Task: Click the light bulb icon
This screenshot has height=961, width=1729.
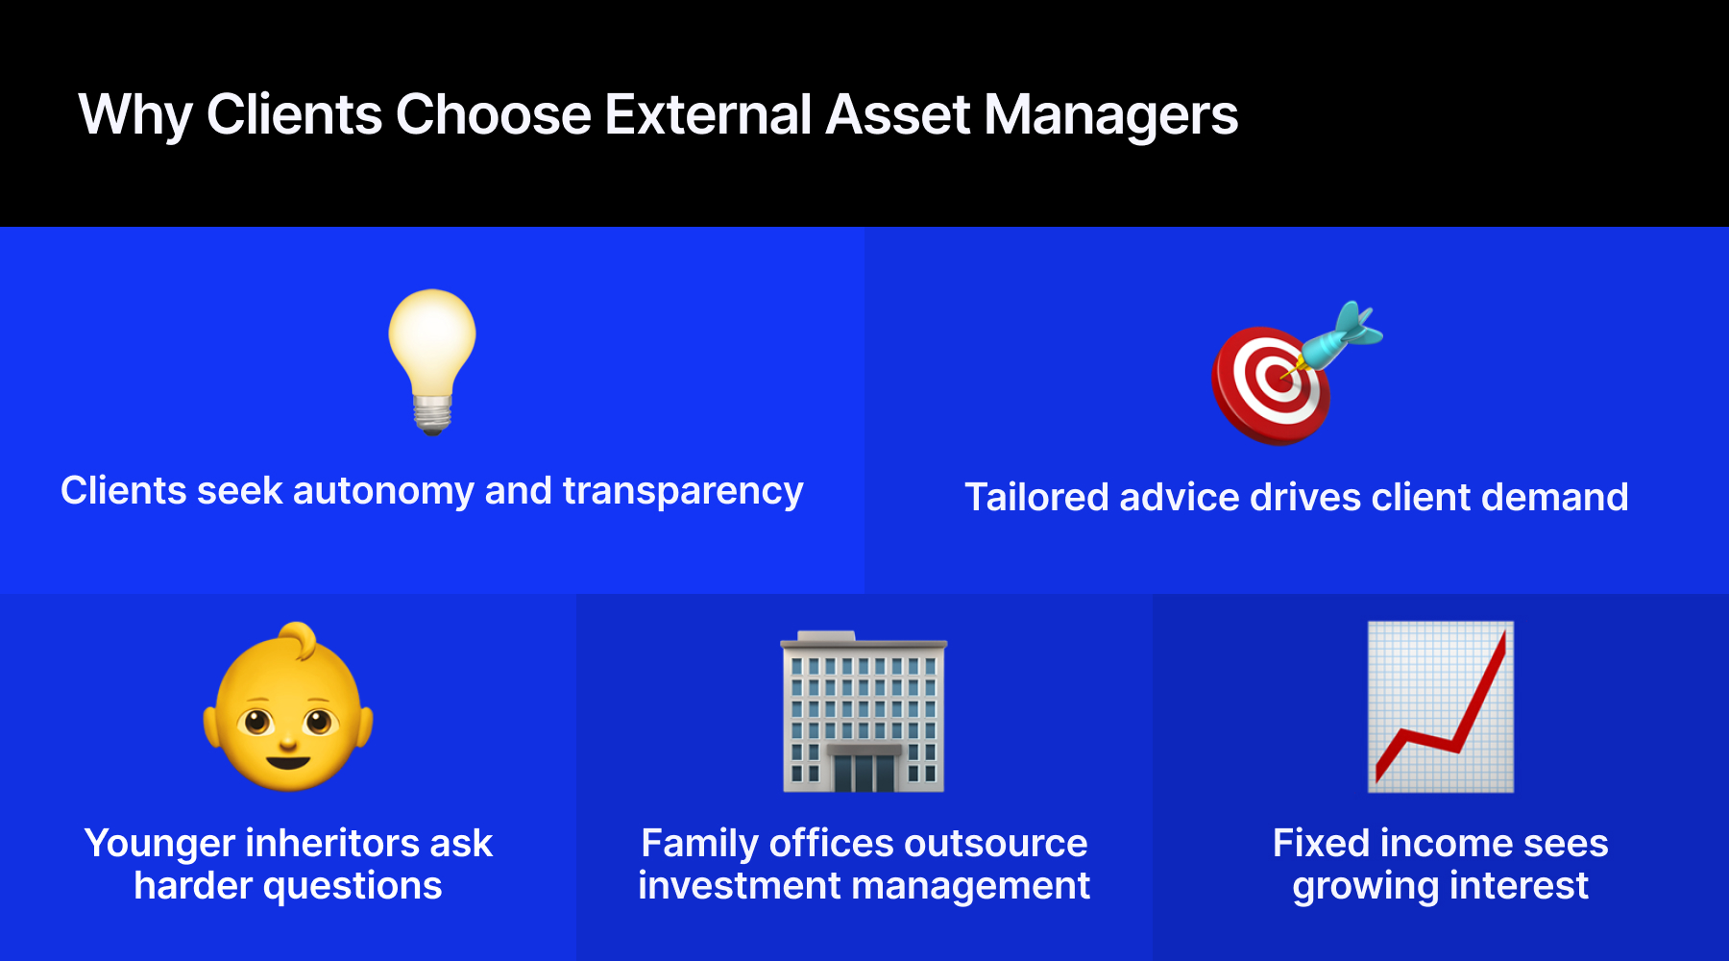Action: [x=432, y=361]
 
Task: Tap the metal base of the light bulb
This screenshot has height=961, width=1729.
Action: [x=432, y=414]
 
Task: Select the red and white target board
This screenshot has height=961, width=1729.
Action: [x=1271, y=385]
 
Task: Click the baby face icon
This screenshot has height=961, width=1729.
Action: [x=288, y=707]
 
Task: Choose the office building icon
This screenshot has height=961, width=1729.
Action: [x=864, y=711]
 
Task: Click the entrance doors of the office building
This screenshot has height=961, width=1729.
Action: [x=864, y=772]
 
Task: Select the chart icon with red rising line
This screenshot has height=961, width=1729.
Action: [x=1441, y=706]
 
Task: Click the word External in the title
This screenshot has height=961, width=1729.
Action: [x=709, y=114]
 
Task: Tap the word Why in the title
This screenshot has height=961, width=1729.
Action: [x=135, y=116]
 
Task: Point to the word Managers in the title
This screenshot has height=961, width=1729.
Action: [x=1110, y=116]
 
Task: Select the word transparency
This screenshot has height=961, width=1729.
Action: [x=683, y=491]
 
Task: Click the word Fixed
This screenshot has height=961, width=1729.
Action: [x=1321, y=843]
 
